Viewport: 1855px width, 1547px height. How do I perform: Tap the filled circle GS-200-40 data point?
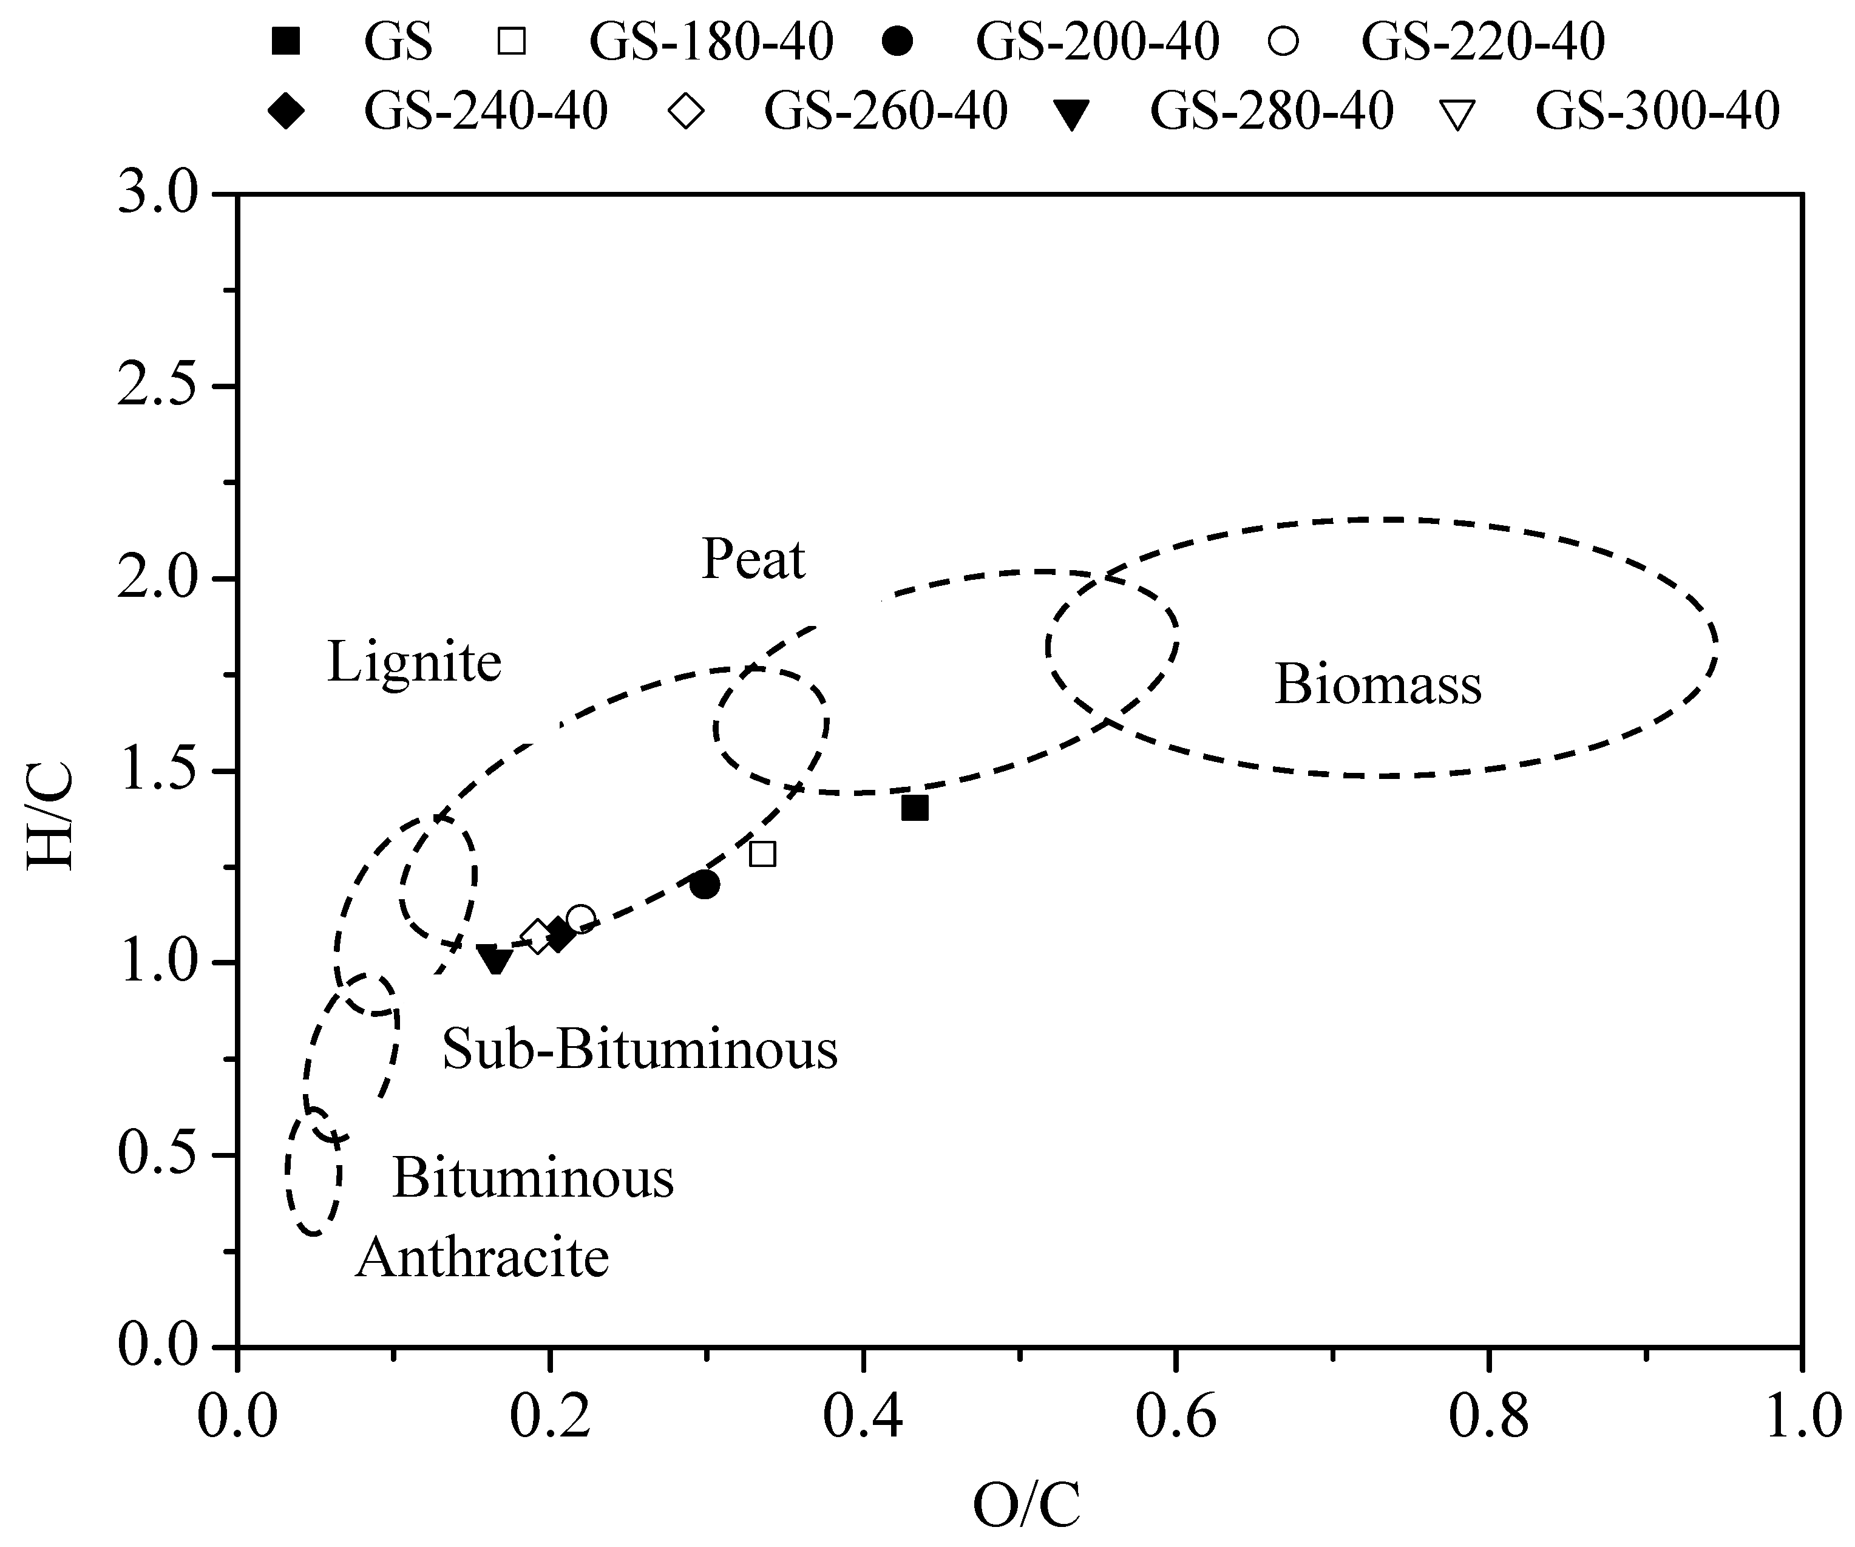point(704,885)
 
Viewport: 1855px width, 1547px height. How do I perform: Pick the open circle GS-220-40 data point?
point(580,919)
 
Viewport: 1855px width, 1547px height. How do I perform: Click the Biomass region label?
point(1377,685)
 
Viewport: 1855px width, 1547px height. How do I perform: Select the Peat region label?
point(753,559)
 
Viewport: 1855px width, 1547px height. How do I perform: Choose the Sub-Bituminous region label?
point(640,1050)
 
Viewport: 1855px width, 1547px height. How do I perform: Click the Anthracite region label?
point(483,1257)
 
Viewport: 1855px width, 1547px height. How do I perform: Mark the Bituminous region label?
point(533,1178)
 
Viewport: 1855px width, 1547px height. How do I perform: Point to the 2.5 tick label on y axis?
point(157,387)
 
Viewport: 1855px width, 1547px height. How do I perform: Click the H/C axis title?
point(50,817)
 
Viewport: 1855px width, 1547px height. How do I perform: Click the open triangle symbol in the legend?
point(1459,115)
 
